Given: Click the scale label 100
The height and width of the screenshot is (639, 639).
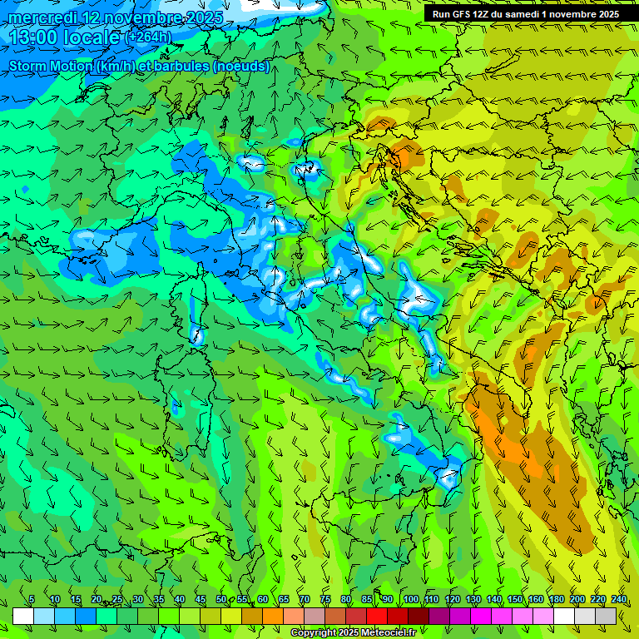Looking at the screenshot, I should click(x=411, y=599).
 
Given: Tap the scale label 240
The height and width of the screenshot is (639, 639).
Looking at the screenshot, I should click(x=619, y=599).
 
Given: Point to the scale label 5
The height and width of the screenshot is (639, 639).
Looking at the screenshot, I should click(x=32, y=599).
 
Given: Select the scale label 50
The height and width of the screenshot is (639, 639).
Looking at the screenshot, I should click(x=221, y=599).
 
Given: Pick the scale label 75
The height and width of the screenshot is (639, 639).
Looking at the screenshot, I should click(x=325, y=599).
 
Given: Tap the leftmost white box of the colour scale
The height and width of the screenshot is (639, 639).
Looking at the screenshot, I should click(x=23, y=616).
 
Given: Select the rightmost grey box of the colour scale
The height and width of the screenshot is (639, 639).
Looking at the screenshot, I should click(x=606, y=616).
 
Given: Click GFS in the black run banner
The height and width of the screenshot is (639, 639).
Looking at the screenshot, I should click(x=463, y=14).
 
